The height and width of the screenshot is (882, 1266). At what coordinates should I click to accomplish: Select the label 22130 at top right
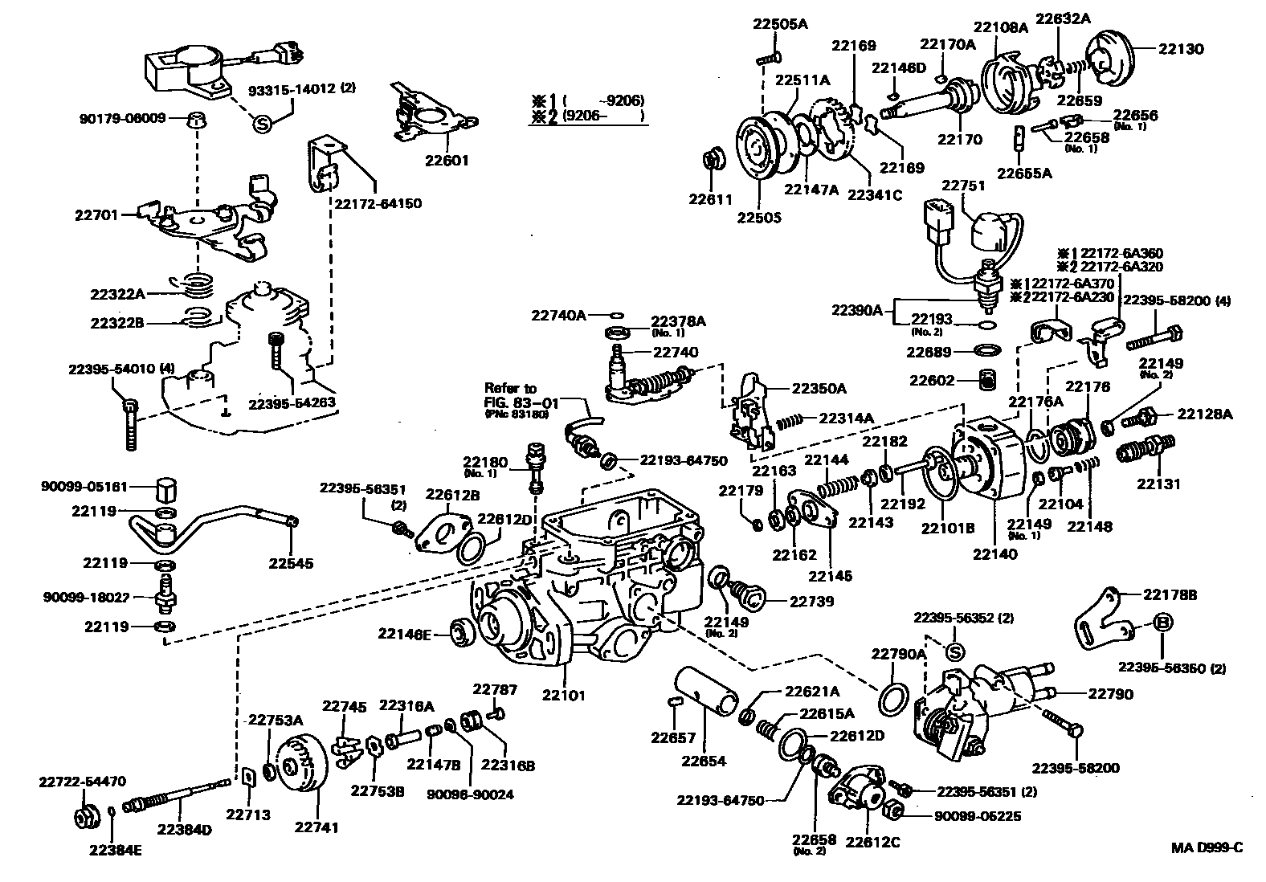pyautogui.click(x=1181, y=48)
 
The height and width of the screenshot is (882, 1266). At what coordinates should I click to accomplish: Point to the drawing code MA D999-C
pyautogui.click(x=1206, y=848)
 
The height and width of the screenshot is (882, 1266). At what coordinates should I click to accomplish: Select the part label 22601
pyautogui.click(x=447, y=160)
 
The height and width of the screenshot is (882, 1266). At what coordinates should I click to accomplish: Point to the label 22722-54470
pyautogui.click(x=83, y=781)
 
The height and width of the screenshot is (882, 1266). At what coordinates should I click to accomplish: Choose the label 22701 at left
pyautogui.click(x=96, y=215)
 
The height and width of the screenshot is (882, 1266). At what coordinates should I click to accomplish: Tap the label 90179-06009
pyautogui.click(x=123, y=118)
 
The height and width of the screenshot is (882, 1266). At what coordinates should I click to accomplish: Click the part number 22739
pyautogui.click(x=811, y=601)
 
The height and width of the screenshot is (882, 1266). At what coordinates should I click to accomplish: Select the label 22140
pyautogui.click(x=994, y=553)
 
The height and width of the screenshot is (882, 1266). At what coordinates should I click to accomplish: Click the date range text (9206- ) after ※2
pyautogui.click(x=604, y=116)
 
